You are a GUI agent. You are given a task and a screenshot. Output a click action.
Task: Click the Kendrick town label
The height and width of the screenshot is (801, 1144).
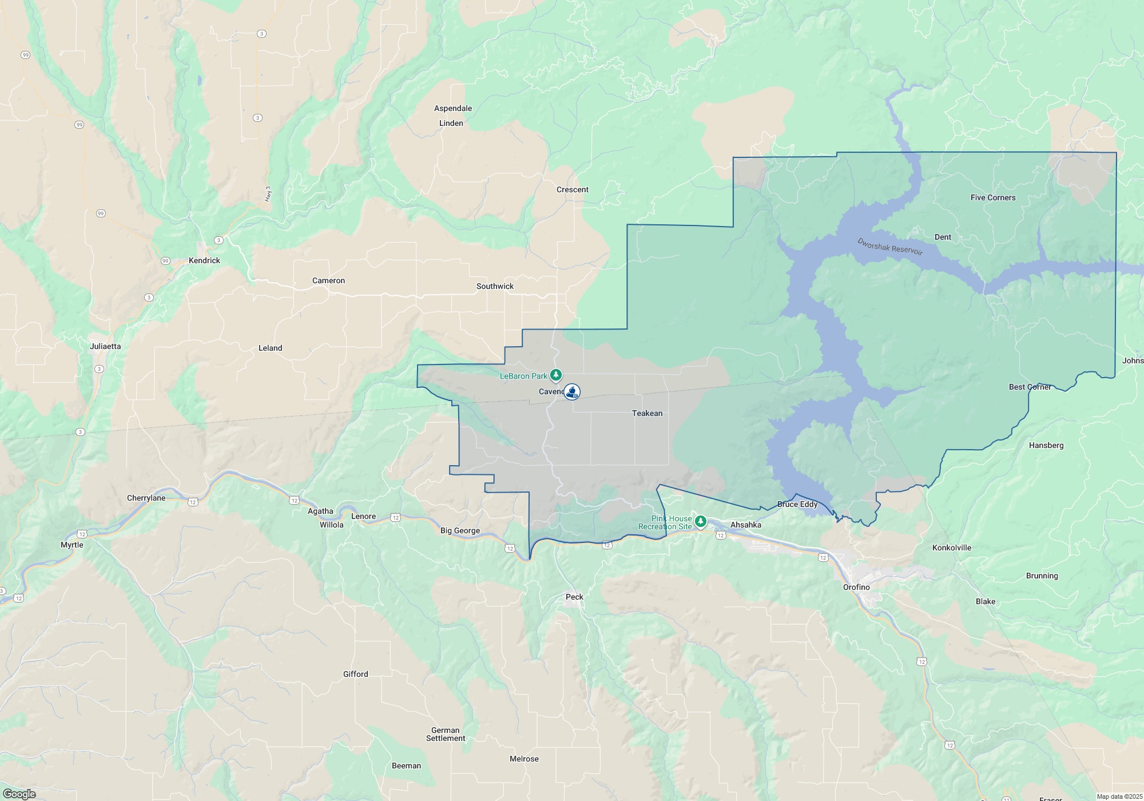pos(204,261)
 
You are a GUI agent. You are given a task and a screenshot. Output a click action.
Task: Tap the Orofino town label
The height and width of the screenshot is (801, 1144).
pos(856,588)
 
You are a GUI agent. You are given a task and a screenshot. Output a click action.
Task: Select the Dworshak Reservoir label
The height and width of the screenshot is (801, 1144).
pos(889,247)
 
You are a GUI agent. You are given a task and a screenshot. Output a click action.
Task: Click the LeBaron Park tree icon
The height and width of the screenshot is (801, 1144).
pos(556,375)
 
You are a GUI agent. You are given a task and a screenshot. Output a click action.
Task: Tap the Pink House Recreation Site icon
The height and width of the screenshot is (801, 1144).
pos(700,521)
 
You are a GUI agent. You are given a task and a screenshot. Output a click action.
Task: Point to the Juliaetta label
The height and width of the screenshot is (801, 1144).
pos(105,347)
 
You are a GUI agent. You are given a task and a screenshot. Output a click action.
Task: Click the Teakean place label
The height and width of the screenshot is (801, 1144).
pos(647,414)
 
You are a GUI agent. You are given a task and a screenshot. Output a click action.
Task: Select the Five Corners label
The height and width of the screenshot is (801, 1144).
pos(993,198)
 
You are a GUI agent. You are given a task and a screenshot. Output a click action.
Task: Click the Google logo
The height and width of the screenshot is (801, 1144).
pos(19,794)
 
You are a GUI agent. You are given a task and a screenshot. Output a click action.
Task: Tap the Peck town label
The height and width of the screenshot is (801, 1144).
pos(574,597)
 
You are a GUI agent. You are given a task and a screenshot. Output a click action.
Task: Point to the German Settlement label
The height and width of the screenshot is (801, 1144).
pos(446,735)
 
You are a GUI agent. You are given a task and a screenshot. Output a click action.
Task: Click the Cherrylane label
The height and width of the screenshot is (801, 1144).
pos(146,498)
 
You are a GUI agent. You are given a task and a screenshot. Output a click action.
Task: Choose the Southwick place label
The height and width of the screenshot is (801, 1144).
pos(495,287)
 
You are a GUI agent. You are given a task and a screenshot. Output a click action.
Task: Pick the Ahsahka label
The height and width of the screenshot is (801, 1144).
pos(746,525)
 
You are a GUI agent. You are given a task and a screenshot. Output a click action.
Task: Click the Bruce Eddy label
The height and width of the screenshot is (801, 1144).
pos(797,505)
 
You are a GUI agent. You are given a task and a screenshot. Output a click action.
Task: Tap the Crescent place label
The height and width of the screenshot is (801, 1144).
pos(573,190)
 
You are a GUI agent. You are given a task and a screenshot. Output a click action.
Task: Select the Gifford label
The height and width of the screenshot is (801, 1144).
pos(355,675)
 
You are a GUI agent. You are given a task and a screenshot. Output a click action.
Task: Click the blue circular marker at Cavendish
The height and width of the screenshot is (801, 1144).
pos(572,392)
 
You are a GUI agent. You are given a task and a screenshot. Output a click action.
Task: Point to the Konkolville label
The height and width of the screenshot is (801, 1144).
pos(952,548)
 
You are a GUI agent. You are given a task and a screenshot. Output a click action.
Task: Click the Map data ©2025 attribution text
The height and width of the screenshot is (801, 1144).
pos(1119,796)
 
